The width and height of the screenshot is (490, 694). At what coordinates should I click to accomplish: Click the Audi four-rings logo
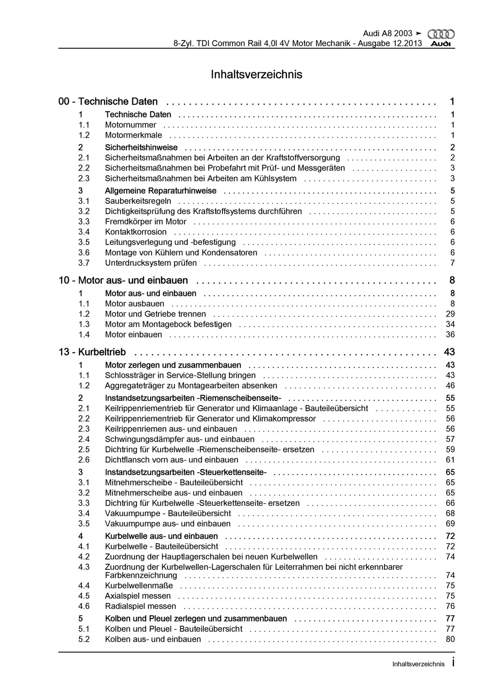click(441, 34)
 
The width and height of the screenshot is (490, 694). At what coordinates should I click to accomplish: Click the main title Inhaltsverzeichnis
click(256, 74)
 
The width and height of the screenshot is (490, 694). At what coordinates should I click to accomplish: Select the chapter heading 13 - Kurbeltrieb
click(92, 352)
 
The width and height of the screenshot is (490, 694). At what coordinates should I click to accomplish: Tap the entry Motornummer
click(130, 125)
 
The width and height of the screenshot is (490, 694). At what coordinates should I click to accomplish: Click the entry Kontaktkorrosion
click(136, 232)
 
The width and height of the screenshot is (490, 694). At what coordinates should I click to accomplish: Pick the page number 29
click(450, 314)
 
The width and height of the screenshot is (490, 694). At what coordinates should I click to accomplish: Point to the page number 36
click(450, 335)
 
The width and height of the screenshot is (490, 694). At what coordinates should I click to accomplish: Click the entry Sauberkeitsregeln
click(138, 201)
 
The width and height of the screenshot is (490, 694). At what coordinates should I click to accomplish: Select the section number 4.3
click(84, 567)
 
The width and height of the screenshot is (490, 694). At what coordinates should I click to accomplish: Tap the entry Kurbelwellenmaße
click(139, 586)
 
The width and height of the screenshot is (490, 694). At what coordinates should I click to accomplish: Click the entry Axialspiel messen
click(138, 596)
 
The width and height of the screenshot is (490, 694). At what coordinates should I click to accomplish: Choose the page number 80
click(450, 639)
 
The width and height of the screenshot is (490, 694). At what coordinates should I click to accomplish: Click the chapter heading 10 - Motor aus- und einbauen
click(123, 280)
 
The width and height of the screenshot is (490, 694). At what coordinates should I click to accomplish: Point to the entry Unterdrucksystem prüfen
click(151, 263)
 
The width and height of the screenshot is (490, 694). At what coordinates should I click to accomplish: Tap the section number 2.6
click(84, 460)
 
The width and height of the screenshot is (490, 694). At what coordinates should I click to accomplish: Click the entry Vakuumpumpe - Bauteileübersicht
click(168, 513)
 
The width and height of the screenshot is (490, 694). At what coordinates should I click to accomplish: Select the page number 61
click(450, 460)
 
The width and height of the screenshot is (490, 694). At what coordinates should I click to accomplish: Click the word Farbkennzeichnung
click(141, 575)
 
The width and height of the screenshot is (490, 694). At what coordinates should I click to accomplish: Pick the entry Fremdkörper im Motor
click(146, 222)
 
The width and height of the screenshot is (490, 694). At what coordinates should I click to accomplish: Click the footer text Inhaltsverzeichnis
click(418, 664)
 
